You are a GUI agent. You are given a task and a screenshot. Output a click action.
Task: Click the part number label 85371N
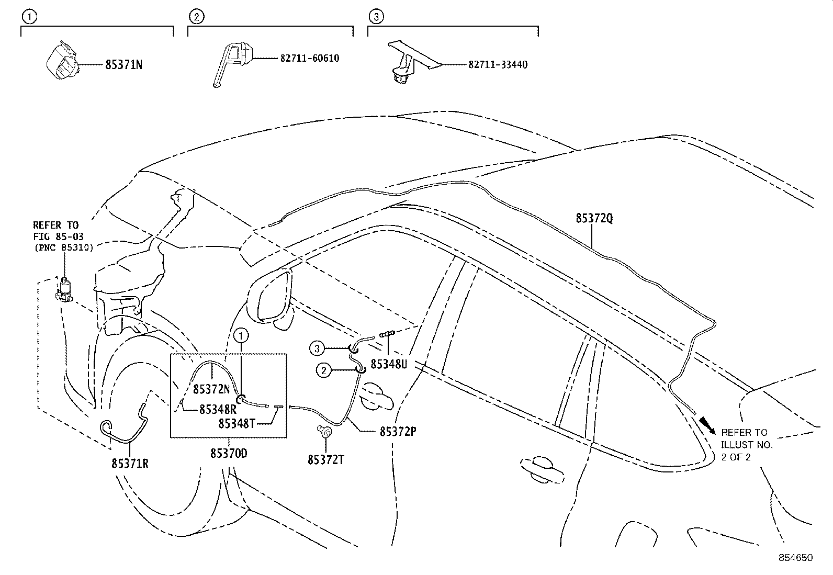pos(124,65)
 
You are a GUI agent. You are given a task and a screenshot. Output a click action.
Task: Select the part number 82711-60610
pos(310,59)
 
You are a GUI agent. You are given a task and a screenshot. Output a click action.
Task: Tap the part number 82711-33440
pos(498,65)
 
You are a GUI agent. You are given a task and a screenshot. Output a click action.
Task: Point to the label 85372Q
pos(594,218)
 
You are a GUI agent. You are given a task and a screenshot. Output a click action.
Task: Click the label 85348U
pos(389,364)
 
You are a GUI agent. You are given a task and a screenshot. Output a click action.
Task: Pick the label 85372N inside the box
pos(211,389)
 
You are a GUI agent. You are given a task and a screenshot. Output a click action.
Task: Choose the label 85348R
pos(218,410)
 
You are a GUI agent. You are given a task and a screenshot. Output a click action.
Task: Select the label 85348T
pos(237,424)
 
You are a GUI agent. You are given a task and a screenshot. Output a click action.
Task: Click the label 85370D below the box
pos(229,454)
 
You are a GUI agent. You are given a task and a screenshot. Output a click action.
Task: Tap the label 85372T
pos(326,460)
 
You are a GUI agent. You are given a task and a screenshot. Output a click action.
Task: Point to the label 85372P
pos(398,432)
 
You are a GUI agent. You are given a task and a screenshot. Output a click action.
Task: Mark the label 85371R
pos(130,464)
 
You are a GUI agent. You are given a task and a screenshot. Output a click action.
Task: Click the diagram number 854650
pos(796,558)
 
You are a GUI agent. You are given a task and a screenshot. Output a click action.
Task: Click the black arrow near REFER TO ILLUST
pos(707,426)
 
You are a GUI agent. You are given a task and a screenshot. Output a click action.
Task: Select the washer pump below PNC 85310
pos(64,290)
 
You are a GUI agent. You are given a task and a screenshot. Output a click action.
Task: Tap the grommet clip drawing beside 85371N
pos(62,60)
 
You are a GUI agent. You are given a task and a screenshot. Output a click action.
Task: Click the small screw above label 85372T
pos(324,432)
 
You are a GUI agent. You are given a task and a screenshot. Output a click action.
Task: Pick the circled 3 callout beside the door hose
pos(317,349)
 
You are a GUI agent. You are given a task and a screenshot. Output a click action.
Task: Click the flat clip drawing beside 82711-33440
pos(413,62)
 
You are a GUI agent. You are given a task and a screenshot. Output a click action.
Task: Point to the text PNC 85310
pos(64,247)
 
